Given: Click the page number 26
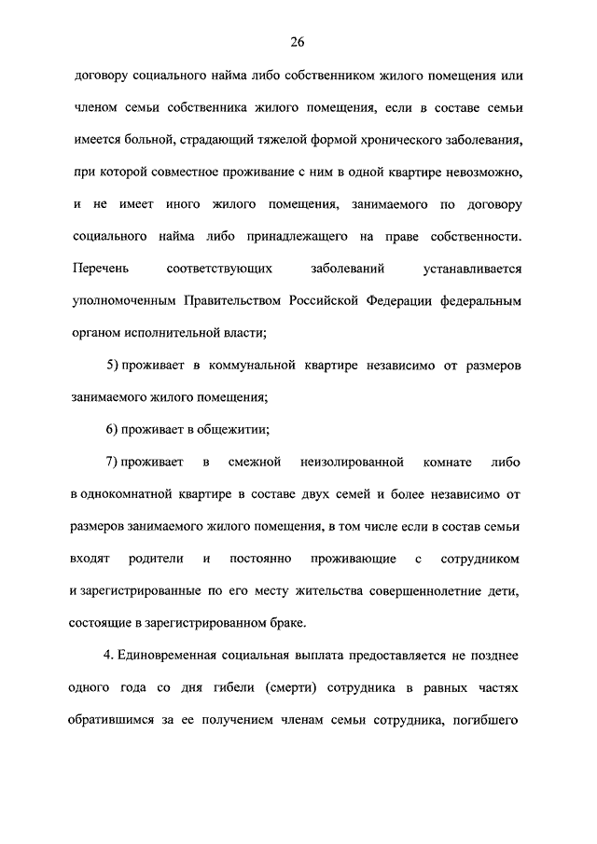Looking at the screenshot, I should (298, 42).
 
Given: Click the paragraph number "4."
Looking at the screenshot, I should (109, 656).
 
